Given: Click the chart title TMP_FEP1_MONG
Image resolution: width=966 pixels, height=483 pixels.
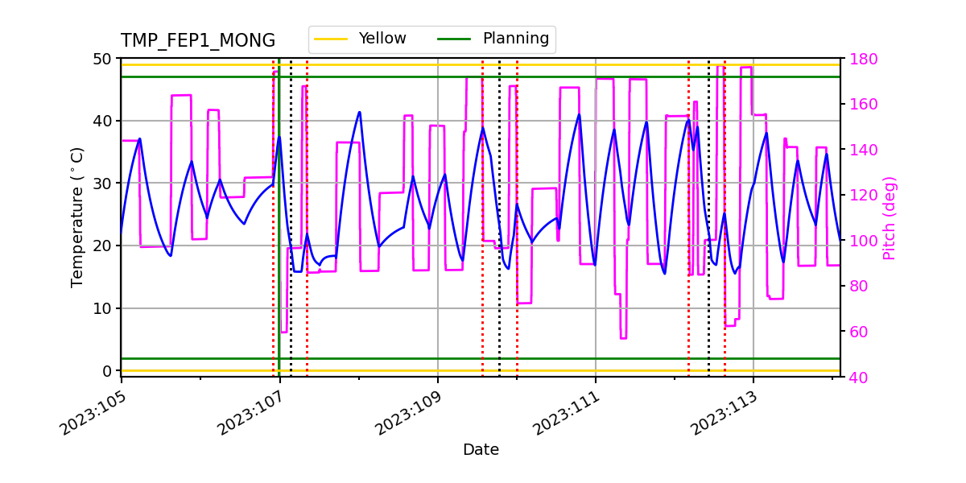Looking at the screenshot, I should click(x=198, y=41).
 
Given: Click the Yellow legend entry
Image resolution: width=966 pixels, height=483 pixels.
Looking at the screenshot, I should click(x=382, y=39).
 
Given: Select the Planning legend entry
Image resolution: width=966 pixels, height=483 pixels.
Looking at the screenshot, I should click(x=515, y=39).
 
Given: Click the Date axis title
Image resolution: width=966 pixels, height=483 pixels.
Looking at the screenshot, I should click(x=481, y=450).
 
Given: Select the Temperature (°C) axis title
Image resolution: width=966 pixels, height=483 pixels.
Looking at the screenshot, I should click(x=77, y=217).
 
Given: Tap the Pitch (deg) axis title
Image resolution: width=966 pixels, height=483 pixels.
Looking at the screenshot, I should click(x=890, y=217).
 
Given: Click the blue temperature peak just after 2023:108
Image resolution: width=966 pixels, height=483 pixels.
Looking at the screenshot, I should click(x=359, y=112).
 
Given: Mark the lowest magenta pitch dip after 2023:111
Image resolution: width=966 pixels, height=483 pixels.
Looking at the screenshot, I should click(x=623, y=338).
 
